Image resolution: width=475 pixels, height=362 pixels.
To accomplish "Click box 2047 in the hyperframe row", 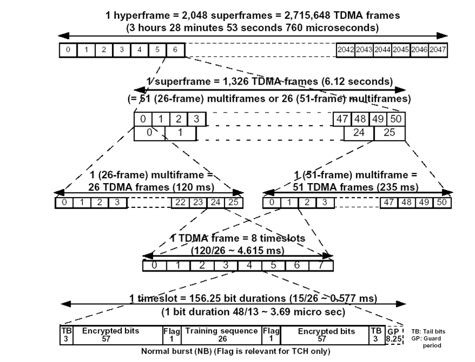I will (438, 50).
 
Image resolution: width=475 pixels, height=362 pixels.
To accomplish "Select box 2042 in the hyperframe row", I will (345, 50).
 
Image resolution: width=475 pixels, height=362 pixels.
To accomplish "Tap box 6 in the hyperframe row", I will (175, 50).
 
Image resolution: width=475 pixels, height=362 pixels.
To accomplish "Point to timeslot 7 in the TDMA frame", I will (321, 265).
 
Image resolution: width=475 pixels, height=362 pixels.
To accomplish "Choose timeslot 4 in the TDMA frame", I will (249, 265).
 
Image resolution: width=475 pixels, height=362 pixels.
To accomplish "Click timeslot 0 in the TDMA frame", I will (154, 265).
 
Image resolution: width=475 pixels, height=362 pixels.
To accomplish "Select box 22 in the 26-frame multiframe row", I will (180, 203).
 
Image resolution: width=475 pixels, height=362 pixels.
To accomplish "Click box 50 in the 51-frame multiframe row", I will (442, 203).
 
